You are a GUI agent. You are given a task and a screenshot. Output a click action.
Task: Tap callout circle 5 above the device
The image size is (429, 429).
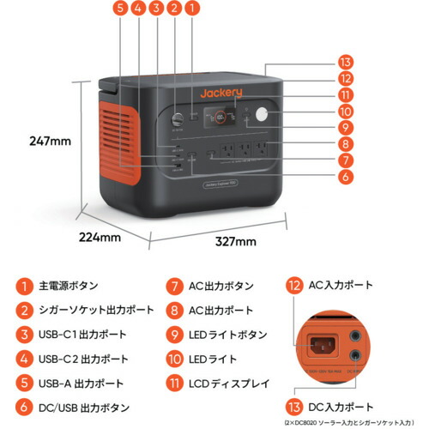pyautogui.click(x=118, y=9)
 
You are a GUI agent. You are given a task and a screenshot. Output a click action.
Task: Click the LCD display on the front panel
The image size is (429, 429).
pyautogui.click(x=227, y=116)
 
